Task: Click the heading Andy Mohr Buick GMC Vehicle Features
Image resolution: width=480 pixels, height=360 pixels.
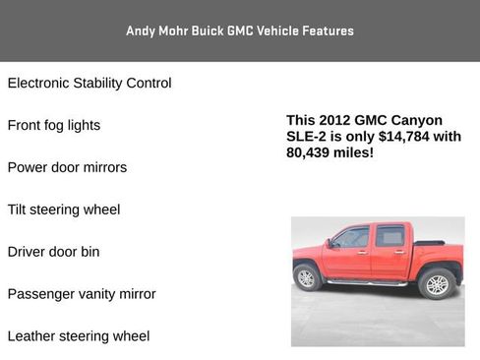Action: [240, 30]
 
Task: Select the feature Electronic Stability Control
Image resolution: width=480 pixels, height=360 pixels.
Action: [90, 84]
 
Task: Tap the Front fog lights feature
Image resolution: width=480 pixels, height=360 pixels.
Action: [54, 126]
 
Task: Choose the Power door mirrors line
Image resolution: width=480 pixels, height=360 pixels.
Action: [67, 168]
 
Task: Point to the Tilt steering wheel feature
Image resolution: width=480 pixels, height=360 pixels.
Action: [64, 210]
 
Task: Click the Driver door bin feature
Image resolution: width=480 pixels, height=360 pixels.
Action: [54, 252]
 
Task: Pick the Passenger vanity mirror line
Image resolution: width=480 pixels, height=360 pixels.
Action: [82, 294]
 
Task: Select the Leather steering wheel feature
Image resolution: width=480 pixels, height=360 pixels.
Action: [79, 336]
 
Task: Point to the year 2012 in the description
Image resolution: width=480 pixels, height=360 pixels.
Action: [337, 120]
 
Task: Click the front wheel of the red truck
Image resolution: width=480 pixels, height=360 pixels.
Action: [307, 277]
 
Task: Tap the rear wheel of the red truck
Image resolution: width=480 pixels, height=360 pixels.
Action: [436, 283]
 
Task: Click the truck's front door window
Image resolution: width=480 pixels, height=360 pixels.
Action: [352, 237]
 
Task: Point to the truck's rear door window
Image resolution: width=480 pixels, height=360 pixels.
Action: [390, 236]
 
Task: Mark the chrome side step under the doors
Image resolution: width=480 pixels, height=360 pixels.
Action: [367, 282]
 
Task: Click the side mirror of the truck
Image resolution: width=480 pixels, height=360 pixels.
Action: [330, 242]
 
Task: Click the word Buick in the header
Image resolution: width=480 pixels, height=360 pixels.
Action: [205, 30]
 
